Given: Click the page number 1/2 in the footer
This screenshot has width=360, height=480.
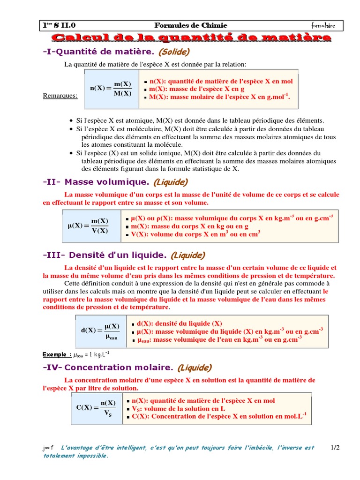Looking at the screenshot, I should tap(335, 448).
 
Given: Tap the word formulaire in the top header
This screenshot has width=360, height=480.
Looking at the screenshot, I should tap(323, 25).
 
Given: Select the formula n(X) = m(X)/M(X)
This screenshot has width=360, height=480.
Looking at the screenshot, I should tap(111, 89).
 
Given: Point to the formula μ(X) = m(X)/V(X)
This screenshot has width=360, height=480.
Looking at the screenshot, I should tap(88, 225).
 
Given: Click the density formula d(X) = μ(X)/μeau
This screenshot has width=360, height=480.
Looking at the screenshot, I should tap(100, 331).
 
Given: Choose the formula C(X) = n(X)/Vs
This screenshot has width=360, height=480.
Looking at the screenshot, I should tap(96, 407).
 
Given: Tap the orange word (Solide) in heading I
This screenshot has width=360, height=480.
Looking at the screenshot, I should tap(174, 51).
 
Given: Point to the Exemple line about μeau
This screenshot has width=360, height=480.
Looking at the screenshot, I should tap(76, 354).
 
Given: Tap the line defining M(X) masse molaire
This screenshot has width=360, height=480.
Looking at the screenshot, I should tap(219, 97).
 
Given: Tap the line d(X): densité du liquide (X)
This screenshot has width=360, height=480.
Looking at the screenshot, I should tap(179, 323).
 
